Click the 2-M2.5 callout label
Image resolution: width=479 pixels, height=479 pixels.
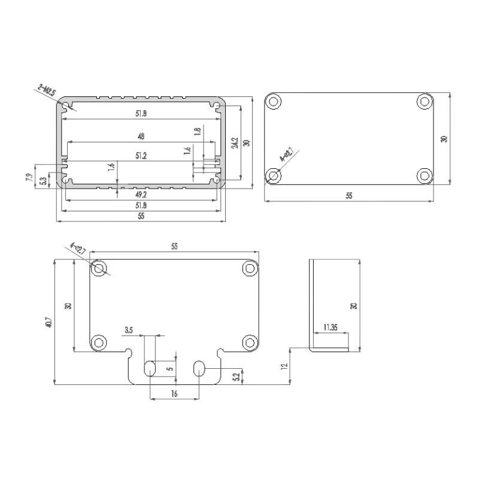click(47, 92)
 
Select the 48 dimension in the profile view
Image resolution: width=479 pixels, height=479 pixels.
click(141, 137)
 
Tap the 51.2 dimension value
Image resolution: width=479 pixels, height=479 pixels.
click(141, 156)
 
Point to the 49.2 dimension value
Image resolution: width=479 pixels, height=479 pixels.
click(141, 195)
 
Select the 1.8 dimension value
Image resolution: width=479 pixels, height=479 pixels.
click(198, 132)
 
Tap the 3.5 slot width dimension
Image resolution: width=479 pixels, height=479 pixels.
click(129, 330)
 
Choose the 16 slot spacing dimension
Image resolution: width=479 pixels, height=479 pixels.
click(174, 393)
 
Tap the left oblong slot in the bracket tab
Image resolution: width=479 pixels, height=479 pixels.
click(150, 368)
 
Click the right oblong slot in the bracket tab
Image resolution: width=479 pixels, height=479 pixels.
click(199, 368)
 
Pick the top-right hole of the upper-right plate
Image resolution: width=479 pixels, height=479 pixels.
click(425, 101)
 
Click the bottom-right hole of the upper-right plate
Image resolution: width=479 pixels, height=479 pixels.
click(425, 175)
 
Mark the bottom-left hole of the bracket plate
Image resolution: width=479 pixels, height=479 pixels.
click(98, 342)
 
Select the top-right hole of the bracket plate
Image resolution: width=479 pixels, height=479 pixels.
click(250, 268)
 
